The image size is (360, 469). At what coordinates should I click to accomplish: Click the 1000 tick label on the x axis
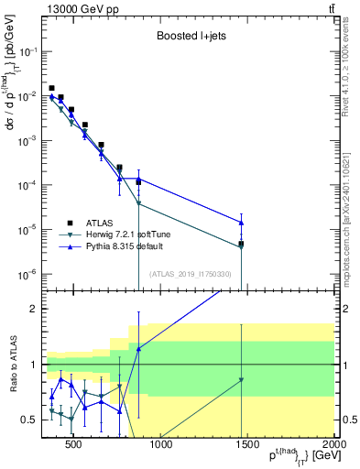pyautogui.click(x=160, y=446)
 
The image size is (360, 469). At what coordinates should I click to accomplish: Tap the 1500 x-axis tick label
pyautogui.click(x=247, y=446)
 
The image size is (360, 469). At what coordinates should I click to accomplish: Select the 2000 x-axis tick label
pyautogui.click(x=333, y=446)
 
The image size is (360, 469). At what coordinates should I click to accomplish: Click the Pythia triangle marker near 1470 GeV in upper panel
pyautogui.click(x=242, y=223)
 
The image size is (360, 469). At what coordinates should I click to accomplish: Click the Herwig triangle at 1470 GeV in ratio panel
pyautogui.click(x=242, y=379)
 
